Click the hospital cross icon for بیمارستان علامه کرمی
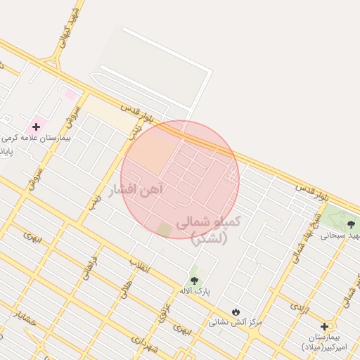(36, 127)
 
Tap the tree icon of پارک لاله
(194, 280)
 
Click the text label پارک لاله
(195, 291)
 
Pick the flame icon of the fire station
(235, 311)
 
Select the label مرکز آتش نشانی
(235, 322)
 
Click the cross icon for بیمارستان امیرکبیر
(323, 326)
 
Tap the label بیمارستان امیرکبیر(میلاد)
(327, 342)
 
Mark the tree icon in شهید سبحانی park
(352, 224)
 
